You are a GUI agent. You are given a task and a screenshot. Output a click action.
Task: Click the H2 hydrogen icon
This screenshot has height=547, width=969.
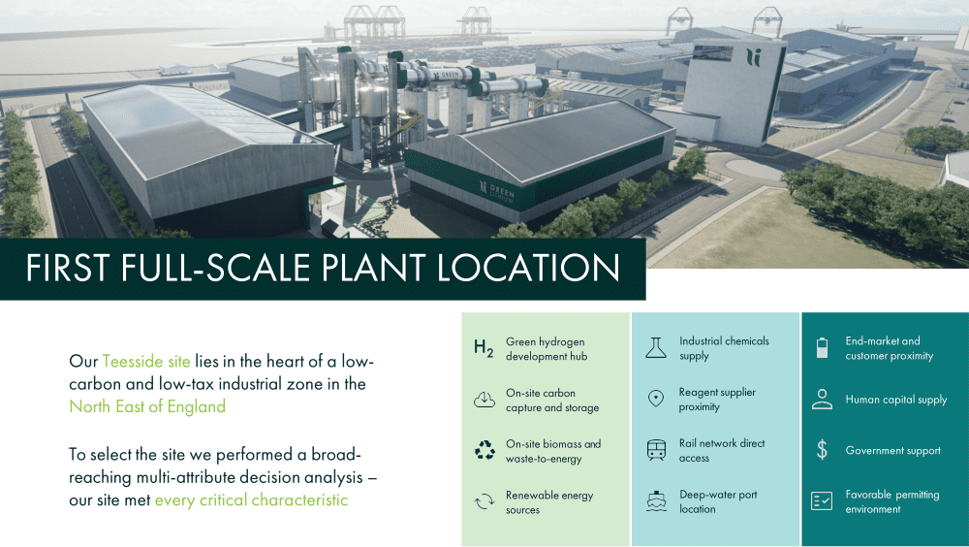484,348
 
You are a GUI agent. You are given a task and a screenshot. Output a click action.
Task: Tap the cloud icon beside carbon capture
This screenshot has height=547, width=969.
484,400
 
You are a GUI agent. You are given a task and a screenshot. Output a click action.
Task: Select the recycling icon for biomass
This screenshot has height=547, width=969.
484,450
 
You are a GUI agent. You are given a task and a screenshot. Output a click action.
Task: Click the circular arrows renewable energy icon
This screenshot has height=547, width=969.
484,501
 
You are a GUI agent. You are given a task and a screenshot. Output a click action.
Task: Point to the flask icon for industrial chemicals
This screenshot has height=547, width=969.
656,348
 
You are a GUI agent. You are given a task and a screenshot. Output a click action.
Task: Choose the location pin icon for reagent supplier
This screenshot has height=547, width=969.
656,399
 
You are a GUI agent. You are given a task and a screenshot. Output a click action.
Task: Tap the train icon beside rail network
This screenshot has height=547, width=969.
656,450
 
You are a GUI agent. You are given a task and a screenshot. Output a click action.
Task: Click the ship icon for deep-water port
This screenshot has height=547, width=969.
656,501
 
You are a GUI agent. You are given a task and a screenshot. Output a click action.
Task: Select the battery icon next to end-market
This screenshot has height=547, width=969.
822,348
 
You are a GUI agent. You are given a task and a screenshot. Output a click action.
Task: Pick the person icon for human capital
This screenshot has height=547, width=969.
822,400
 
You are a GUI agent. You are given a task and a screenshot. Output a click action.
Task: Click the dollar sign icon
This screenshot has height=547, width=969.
822,450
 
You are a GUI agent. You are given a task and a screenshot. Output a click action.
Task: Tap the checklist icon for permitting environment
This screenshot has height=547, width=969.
822,500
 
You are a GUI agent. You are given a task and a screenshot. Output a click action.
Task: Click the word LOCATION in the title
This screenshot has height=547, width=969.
528,268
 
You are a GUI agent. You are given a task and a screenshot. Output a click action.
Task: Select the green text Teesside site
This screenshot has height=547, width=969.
146,362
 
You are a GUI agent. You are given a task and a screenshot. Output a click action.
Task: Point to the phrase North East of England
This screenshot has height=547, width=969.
147,406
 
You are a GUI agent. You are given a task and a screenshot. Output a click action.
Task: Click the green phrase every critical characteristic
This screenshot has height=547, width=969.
251,500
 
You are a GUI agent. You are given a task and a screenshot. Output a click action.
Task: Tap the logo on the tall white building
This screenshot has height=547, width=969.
753,57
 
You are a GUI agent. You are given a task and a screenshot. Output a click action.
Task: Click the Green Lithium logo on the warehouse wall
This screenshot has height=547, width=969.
497,192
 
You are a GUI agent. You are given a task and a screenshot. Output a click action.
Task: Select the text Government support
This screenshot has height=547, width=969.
893,451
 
